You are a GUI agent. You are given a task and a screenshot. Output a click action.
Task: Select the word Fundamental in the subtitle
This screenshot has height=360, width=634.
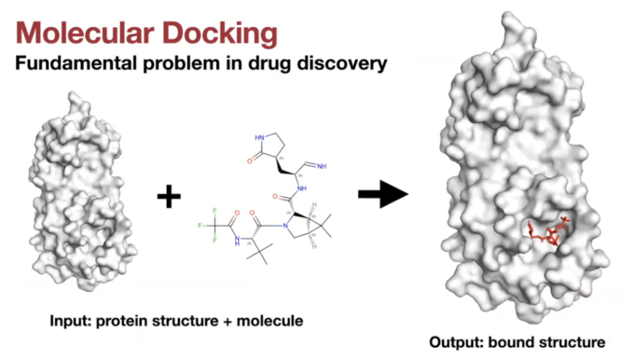74,66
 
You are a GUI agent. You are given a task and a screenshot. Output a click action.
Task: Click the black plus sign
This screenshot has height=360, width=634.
170,197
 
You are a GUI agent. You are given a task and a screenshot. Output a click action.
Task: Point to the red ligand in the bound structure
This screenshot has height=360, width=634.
550,232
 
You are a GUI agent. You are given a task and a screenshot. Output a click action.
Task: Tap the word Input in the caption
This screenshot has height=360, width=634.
69,320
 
